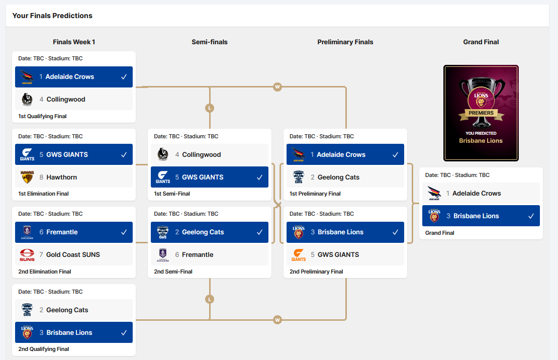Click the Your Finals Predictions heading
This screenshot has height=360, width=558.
pos(52,16)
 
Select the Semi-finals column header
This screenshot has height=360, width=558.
pos(210,42)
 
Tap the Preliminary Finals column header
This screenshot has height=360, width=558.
pos(345,42)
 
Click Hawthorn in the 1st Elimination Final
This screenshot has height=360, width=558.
pos(62,177)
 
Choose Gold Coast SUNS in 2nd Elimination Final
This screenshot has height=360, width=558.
pos(73,255)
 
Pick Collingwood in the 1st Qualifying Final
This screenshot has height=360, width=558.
pos(66,100)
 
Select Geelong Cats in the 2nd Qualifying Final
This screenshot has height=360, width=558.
pos(67,310)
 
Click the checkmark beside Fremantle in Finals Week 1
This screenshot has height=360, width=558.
pos(124,232)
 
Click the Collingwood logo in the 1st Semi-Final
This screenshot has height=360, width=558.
pos(163,155)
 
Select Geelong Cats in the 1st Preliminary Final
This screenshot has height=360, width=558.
pos(338,177)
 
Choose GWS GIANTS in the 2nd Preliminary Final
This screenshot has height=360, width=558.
pos(338,255)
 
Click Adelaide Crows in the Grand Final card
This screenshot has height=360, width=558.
pos(477,194)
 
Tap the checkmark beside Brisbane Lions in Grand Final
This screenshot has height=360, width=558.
pos(531,216)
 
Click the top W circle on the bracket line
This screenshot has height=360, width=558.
pos(277,87)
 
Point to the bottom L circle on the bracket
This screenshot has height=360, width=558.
pos(210,299)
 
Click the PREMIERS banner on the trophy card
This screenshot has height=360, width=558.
pos(481,113)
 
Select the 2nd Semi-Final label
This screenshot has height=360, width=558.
pos(173,272)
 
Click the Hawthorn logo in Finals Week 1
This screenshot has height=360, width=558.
pos(27,177)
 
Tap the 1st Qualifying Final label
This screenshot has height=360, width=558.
pos(42,116)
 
